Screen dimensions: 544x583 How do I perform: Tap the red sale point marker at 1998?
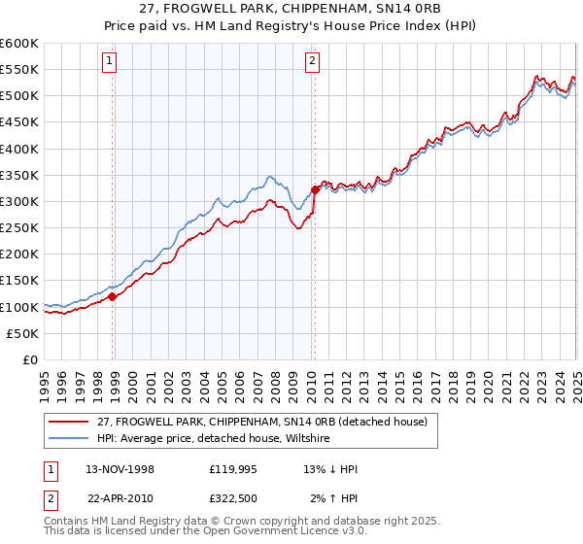click(113, 296)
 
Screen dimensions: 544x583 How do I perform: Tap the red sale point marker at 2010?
click(315, 189)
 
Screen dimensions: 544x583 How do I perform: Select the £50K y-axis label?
click(23, 333)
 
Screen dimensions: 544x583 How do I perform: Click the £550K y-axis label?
click(19, 70)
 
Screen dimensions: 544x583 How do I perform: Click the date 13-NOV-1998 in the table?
click(120, 469)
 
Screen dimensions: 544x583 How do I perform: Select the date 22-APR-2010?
click(120, 497)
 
